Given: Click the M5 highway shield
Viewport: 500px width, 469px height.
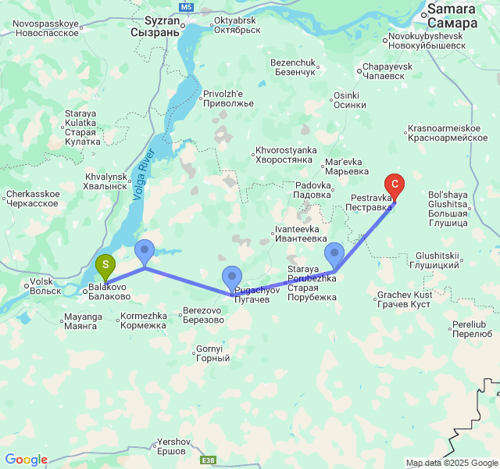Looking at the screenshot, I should point(186,7).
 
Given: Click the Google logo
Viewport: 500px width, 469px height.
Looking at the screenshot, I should point(26,460).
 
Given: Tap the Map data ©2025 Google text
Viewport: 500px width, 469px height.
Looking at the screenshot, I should point(452,463).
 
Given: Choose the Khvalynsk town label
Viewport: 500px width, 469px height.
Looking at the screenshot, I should point(105,182).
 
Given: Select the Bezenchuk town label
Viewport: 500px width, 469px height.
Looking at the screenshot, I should point(292,66).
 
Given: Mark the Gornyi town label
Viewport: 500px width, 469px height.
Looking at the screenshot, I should point(212,353).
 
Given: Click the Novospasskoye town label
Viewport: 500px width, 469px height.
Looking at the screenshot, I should point(46,29).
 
